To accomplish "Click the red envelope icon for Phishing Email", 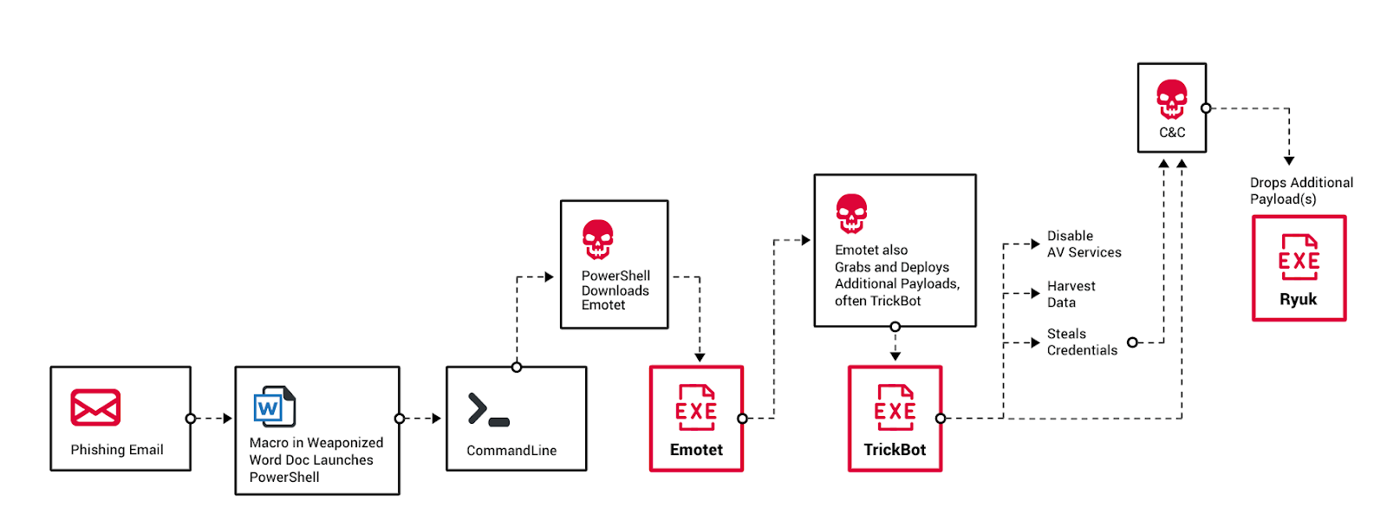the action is click(95, 407).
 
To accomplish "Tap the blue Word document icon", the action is click(274, 407).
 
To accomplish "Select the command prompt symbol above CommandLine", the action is click(489, 410).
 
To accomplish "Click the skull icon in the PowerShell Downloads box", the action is click(598, 239).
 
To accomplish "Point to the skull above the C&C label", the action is click(1172, 99).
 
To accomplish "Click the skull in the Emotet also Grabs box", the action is click(851, 213).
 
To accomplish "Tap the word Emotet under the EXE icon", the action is click(696, 450).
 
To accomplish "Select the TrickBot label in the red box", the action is click(895, 450).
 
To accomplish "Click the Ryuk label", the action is click(1299, 300).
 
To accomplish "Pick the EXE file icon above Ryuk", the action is click(1299, 257).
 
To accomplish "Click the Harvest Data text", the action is click(1071, 294).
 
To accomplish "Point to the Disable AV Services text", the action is click(1084, 244).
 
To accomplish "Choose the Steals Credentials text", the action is click(1082, 342).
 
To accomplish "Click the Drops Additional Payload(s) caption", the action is click(1301, 191).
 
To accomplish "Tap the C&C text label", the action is click(1172, 133).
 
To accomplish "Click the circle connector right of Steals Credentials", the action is click(1132, 342).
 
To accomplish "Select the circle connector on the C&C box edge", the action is click(1206, 108).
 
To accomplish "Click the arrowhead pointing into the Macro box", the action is click(228, 419).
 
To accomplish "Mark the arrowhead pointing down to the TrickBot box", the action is click(895, 356).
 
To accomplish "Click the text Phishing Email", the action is click(117, 450).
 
